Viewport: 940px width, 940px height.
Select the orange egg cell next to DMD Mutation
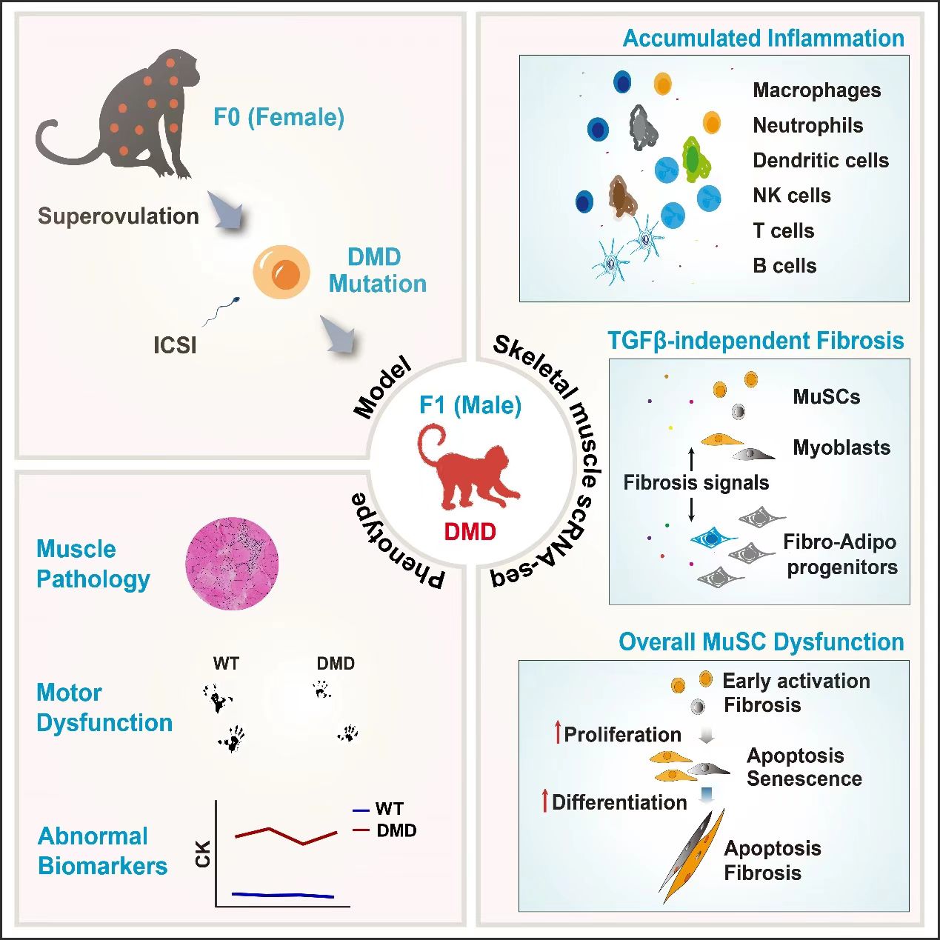281,272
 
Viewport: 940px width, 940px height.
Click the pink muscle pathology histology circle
232,564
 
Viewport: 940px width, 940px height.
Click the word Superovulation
119,216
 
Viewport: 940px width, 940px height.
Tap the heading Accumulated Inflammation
763,39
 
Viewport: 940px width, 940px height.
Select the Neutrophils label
807,126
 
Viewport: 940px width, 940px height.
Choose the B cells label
784,266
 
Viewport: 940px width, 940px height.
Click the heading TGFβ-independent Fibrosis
756,341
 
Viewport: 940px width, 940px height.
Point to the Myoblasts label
841,447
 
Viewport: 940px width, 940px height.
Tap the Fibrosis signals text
696,483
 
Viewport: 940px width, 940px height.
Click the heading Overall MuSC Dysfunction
761,642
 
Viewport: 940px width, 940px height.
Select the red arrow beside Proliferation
558,733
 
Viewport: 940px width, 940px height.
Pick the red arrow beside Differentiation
545,801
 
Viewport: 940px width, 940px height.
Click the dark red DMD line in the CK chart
285,835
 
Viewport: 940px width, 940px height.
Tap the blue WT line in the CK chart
281,895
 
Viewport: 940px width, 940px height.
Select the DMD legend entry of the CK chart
396,830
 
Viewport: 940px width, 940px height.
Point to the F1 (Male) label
470,405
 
